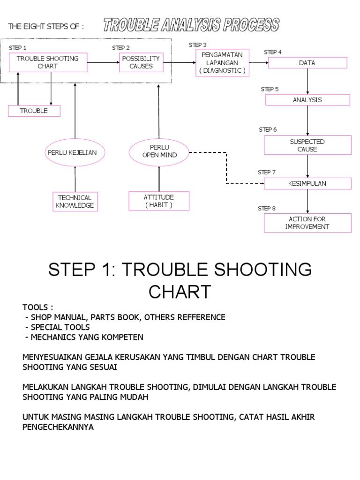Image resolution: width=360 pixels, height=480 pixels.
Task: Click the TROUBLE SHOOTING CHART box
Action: point(48,62)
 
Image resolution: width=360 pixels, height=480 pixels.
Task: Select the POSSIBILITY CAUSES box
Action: point(141,62)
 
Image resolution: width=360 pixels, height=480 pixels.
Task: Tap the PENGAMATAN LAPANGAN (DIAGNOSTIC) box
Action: point(222,63)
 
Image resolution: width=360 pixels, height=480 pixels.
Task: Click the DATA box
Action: point(307,63)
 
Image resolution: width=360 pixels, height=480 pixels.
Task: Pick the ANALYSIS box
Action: point(307,100)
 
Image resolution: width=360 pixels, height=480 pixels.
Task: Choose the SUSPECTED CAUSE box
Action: point(307,145)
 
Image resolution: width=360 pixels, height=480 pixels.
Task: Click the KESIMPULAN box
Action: point(307,183)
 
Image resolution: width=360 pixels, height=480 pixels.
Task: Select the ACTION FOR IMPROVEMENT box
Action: point(307,223)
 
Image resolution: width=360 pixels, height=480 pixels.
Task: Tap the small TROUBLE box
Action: point(34,111)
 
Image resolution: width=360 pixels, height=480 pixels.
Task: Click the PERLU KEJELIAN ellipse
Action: point(75,152)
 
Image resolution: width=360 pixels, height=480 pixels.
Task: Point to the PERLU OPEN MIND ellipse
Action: point(159,151)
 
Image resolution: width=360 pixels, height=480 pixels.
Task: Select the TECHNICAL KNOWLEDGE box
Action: point(75,202)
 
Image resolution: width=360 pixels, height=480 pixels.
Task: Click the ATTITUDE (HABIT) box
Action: point(159,201)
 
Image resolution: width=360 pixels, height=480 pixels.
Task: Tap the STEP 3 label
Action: point(198,45)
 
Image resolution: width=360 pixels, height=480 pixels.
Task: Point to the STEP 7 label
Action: point(267,172)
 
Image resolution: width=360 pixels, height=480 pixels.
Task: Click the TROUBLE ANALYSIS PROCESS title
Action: point(191,25)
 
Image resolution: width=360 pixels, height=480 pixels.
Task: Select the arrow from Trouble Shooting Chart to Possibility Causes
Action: point(102,62)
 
